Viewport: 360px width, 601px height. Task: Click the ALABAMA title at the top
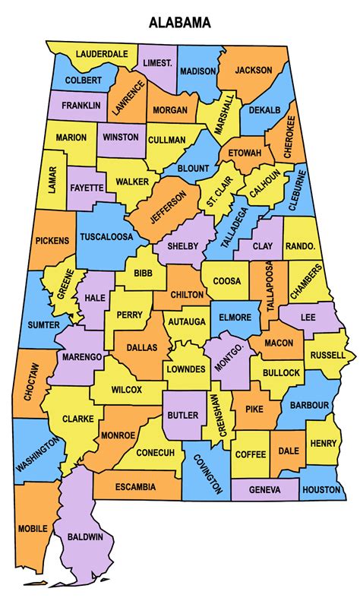coord(179,24)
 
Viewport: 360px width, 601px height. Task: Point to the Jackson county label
coord(253,70)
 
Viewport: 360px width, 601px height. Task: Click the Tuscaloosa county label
coord(106,236)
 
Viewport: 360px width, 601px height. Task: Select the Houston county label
coord(321,490)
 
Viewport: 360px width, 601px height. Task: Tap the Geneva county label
coord(264,490)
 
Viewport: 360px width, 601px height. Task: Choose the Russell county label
coord(327,355)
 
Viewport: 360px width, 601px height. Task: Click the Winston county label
coord(121,138)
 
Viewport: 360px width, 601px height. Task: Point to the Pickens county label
coord(52,241)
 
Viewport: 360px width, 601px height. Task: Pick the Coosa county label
coord(226,281)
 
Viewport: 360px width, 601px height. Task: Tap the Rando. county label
coord(299,246)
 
